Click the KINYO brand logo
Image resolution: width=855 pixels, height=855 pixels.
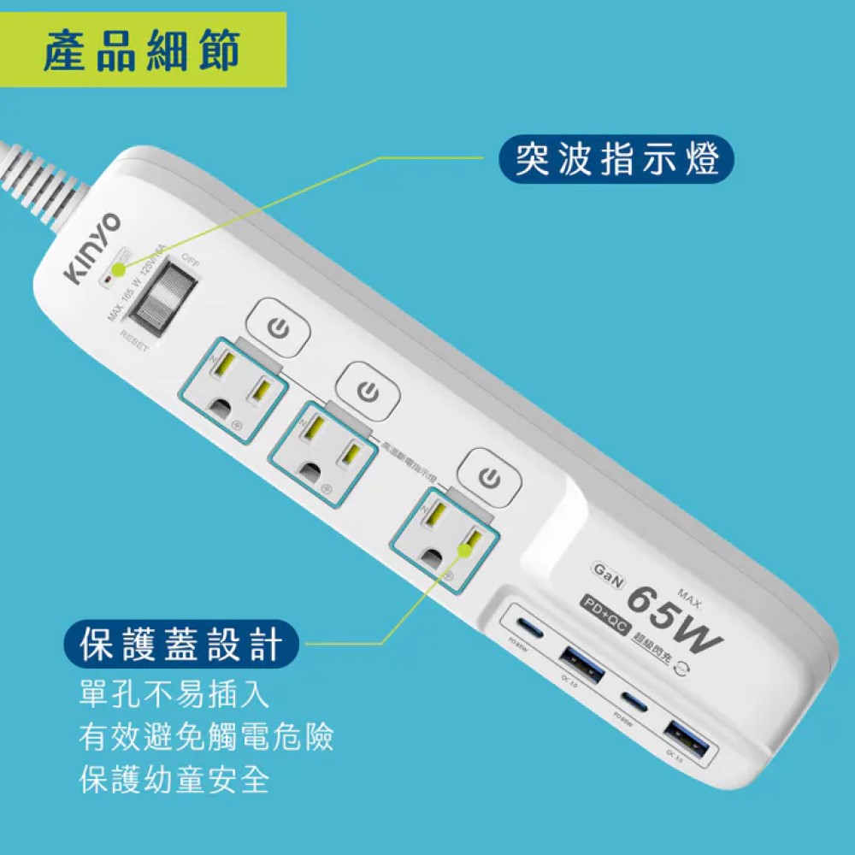92,247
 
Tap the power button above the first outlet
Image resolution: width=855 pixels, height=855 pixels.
277,327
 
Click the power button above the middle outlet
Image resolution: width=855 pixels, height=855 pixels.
367,392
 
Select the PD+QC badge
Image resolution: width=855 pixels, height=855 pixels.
604,604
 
